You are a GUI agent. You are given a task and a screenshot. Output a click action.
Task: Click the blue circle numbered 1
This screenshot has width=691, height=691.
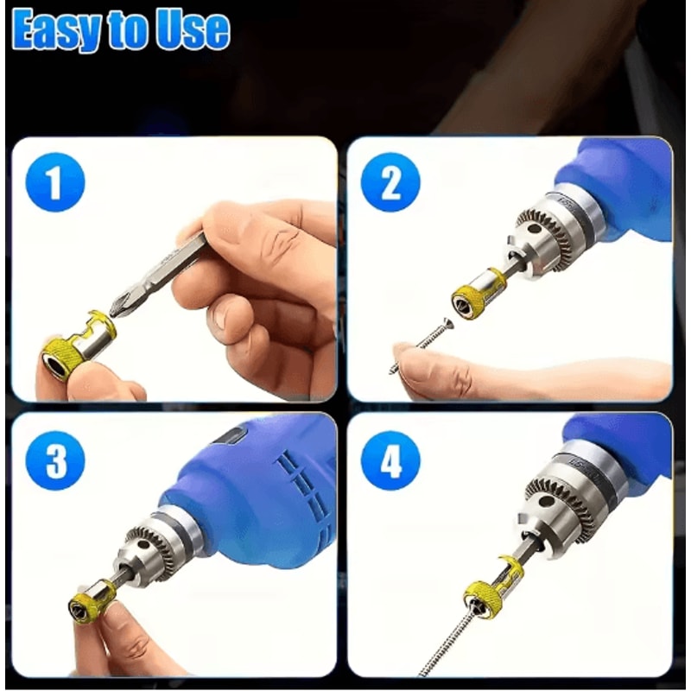(55, 184)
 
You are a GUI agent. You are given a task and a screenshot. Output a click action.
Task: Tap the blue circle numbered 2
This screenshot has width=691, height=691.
(390, 183)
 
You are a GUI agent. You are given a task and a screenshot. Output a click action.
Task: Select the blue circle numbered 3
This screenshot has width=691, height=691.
(55, 461)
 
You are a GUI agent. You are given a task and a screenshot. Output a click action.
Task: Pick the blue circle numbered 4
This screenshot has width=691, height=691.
(391, 461)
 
